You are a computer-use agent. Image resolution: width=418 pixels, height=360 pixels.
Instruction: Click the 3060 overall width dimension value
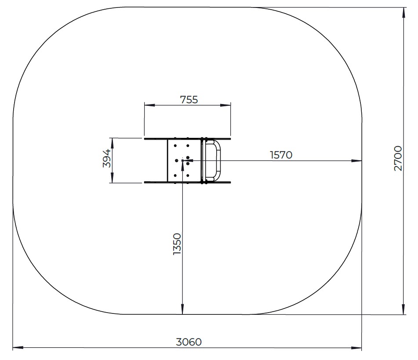[x=189, y=342]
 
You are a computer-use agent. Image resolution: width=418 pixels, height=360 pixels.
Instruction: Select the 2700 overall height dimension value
[x=398, y=158]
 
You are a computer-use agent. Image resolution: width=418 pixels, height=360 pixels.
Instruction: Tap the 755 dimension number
[x=189, y=100]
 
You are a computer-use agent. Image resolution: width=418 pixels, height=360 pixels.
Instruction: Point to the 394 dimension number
[x=107, y=158]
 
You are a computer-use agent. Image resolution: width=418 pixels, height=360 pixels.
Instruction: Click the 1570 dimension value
[x=281, y=155]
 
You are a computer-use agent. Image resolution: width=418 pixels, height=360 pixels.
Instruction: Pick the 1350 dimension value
[x=177, y=244]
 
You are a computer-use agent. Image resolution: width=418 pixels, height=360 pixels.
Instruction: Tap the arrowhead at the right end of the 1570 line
[x=357, y=161]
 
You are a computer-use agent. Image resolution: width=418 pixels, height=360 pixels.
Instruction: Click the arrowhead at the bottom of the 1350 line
[x=182, y=309]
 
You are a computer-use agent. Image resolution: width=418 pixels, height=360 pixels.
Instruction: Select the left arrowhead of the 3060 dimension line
[x=18, y=347]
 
